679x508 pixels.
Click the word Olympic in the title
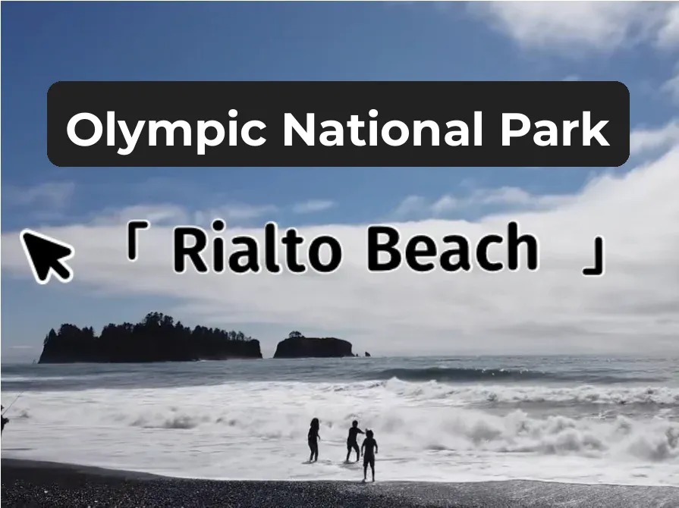pos(166,129)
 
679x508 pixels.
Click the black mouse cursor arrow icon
pos(46,256)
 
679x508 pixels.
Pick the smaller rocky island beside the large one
pos(313,347)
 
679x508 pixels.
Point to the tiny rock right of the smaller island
pos(367,353)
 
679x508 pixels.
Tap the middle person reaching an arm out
pos(353,441)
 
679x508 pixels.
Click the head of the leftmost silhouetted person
pos(313,422)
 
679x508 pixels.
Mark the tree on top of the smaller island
pos(295,335)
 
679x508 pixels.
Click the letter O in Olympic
pos(84,129)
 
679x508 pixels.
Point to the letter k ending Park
pos(598,129)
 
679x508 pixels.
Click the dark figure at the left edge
pos(4,417)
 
